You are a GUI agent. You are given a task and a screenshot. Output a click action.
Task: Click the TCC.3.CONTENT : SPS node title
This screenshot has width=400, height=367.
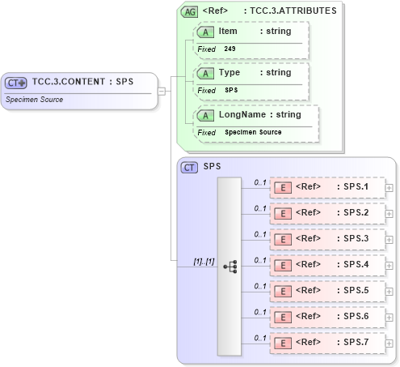[x=82, y=81]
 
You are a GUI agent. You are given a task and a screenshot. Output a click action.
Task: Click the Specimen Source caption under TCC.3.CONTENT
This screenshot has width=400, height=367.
[x=34, y=100]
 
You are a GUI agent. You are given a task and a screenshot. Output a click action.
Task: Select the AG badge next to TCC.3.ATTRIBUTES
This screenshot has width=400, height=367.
[x=189, y=11]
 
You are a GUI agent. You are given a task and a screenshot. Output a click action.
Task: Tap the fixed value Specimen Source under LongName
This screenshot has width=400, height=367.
[x=253, y=132]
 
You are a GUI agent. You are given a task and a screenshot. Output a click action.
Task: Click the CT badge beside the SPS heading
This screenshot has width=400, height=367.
[x=189, y=167]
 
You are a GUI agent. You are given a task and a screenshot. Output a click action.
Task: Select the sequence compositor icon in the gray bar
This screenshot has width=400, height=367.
[x=229, y=266]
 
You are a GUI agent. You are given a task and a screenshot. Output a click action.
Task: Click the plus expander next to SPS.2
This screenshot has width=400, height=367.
[x=389, y=214]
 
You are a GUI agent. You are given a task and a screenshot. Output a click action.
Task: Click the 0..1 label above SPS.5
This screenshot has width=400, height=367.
[x=260, y=285]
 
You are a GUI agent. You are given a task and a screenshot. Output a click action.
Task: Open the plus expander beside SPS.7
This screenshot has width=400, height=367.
[x=389, y=344]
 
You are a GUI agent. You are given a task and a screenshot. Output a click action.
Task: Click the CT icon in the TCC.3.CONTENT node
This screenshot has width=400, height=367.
[x=15, y=82]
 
